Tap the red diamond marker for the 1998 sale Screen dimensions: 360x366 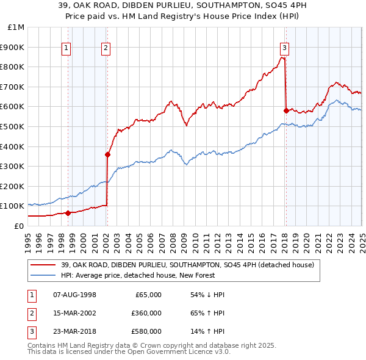[68, 213]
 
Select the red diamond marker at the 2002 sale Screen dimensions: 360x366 [107, 154]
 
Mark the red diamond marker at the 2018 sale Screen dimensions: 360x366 [286, 110]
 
